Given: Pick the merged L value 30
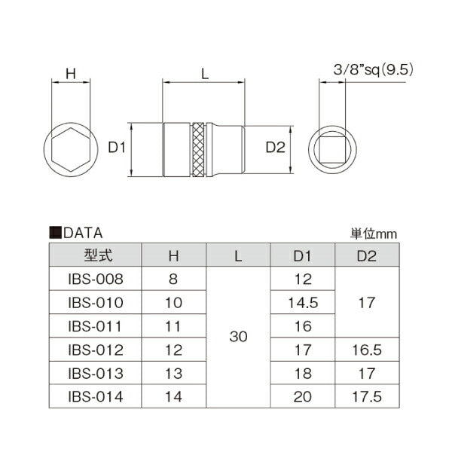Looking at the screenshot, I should [238, 337].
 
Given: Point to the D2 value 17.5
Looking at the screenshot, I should [367, 395].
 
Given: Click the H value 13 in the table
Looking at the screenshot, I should [174, 372].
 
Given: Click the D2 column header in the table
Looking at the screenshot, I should [367, 255].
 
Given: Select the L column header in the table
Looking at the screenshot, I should [238, 255].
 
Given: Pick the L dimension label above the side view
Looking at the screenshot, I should [204, 73].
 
